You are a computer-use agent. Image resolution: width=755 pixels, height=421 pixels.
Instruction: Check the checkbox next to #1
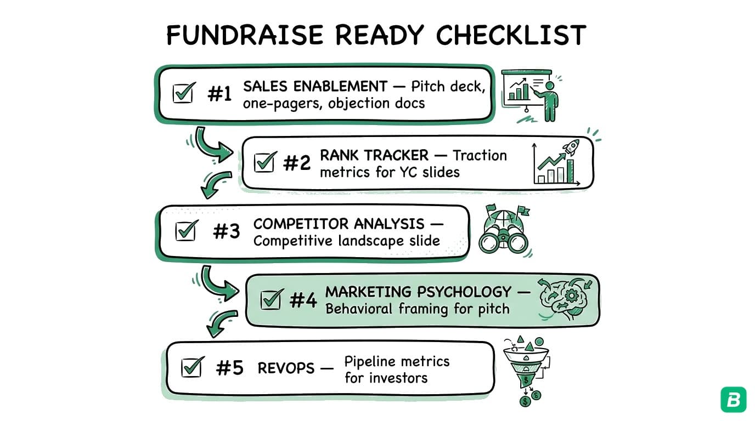point(183,93)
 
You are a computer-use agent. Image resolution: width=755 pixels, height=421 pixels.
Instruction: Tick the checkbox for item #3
point(186,230)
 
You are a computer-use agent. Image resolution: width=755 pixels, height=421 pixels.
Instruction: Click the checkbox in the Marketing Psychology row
point(271,299)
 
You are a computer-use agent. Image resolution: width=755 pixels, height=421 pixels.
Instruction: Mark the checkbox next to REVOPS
point(191,367)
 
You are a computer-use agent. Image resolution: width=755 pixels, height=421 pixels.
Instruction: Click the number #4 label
point(303,300)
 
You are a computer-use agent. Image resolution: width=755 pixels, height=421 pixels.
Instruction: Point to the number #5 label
point(229,368)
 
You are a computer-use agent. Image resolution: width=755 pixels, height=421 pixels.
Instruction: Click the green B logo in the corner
point(733,400)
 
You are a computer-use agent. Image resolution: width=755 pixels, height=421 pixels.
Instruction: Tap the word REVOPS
point(286,368)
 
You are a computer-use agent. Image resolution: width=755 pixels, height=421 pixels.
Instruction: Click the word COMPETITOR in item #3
point(301,224)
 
